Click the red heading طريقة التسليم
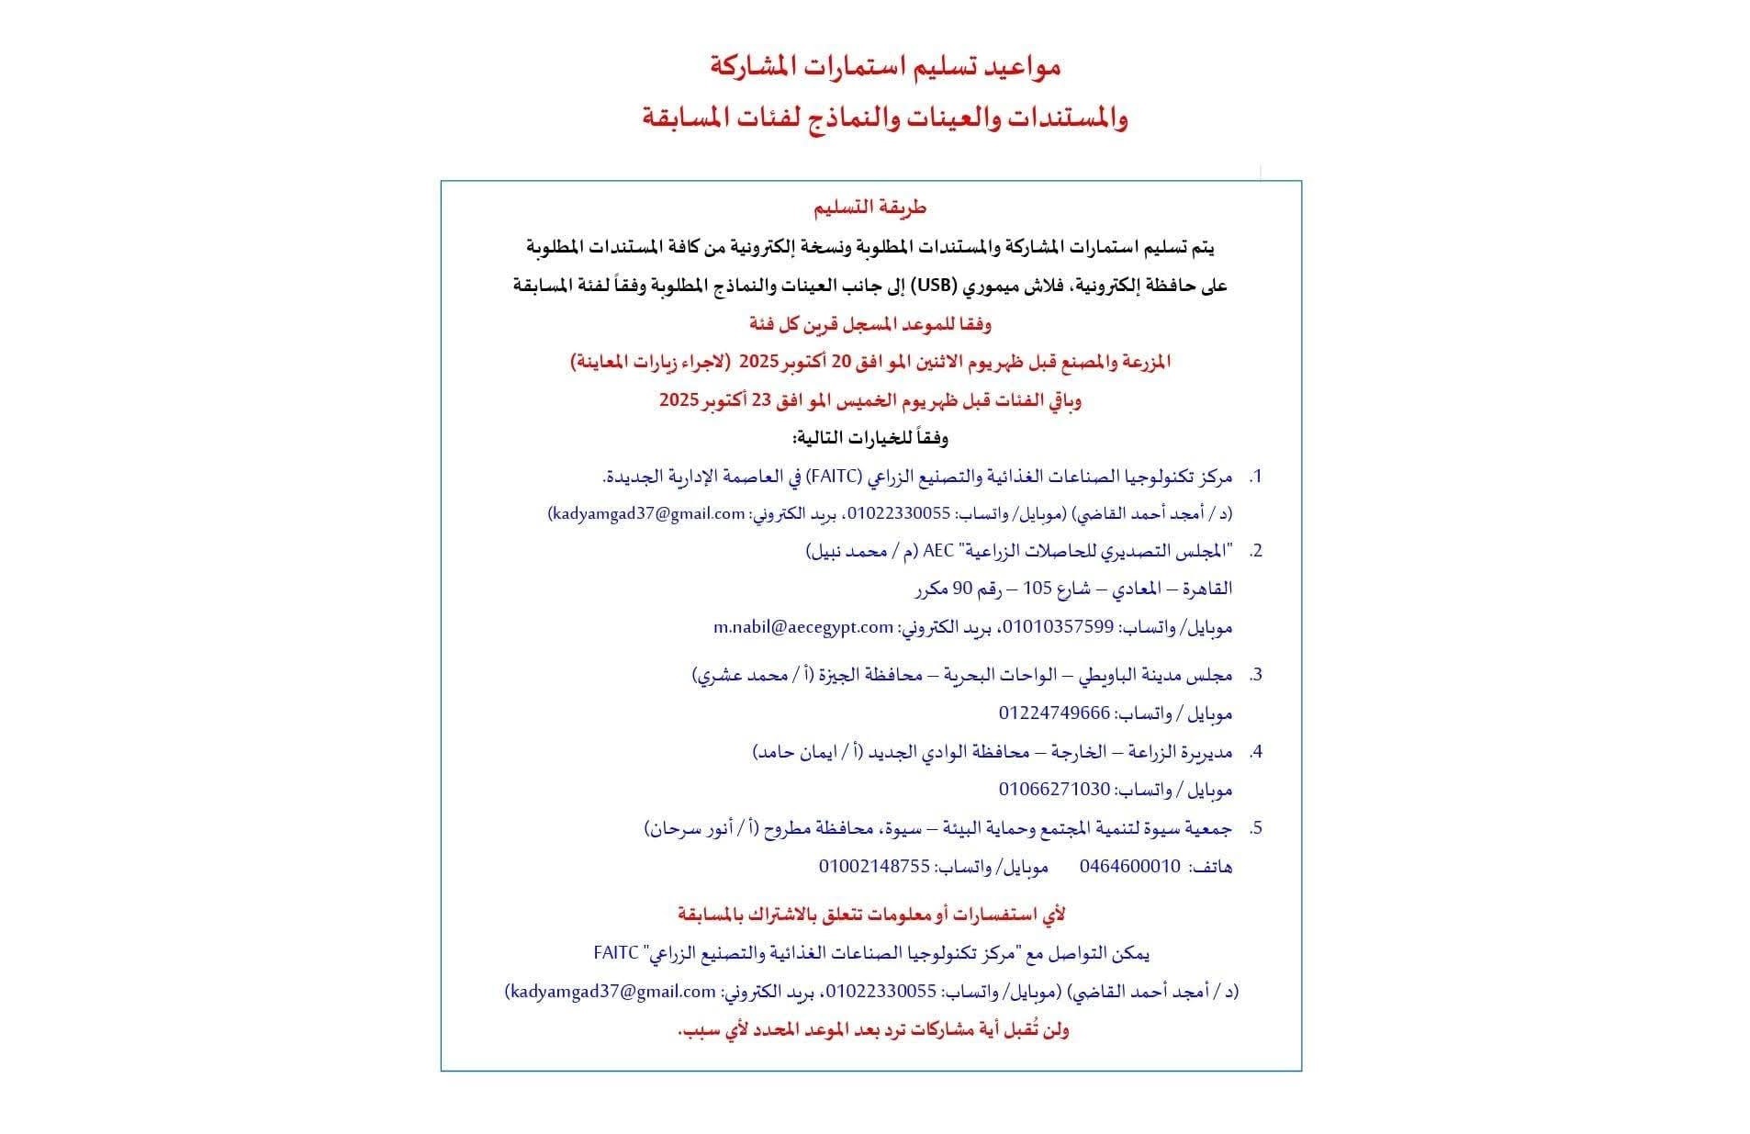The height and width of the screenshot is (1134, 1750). coord(869,208)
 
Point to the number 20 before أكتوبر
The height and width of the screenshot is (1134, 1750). coord(841,362)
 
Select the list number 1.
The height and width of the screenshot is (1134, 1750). coord(1256,477)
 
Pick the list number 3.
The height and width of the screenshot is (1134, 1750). coord(1256,675)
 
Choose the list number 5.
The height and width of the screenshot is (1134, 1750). coord(1256,828)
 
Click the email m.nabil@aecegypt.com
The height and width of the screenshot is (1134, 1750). coord(803,627)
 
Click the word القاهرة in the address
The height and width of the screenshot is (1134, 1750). coord(1203,589)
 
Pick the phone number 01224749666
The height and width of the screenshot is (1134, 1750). coord(1054,713)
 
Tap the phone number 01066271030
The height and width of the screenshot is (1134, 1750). coord(1054,790)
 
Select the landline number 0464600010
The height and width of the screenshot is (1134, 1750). coord(1129,866)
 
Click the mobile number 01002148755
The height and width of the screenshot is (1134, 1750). coord(874,866)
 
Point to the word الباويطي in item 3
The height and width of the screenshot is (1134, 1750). coord(1096,675)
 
